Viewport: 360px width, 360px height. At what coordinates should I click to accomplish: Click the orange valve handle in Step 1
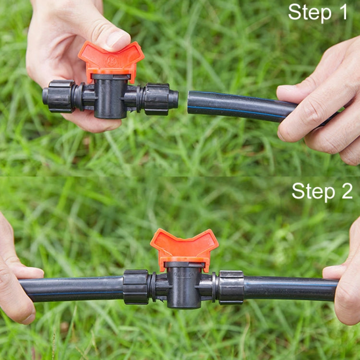point(111,59)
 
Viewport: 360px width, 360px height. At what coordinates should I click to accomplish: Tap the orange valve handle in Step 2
point(184,246)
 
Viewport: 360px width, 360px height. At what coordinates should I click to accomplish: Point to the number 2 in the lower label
point(346,191)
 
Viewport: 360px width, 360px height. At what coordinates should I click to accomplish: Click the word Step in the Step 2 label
point(313,191)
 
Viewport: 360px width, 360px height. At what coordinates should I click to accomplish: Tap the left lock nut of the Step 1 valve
point(59,96)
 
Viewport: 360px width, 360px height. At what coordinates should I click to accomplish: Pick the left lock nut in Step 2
point(136,287)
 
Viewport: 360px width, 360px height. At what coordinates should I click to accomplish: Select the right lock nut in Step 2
point(231,288)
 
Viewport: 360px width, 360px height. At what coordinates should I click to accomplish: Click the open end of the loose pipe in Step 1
point(191,102)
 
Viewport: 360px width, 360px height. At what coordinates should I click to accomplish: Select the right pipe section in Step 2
point(288,288)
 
